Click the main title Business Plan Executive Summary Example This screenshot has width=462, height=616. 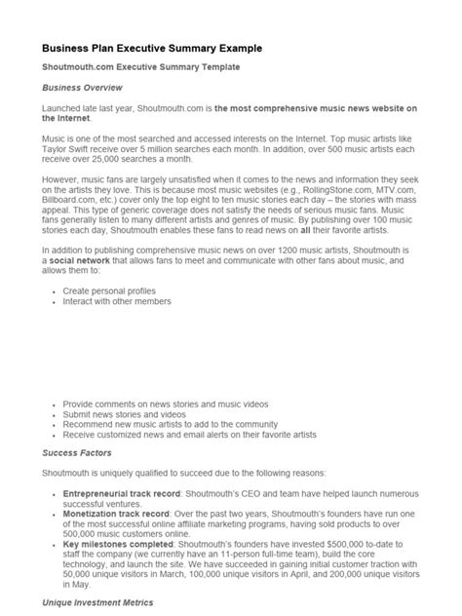[x=151, y=47]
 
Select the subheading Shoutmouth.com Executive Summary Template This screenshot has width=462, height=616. [x=140, y=66]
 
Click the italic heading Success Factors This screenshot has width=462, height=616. [x=77, y=452]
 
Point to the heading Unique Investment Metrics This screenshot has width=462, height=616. [x=97, y=603]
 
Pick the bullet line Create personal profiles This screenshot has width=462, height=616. [x=108, y=291]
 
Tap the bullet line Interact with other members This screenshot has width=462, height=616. [x=116, y=301]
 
